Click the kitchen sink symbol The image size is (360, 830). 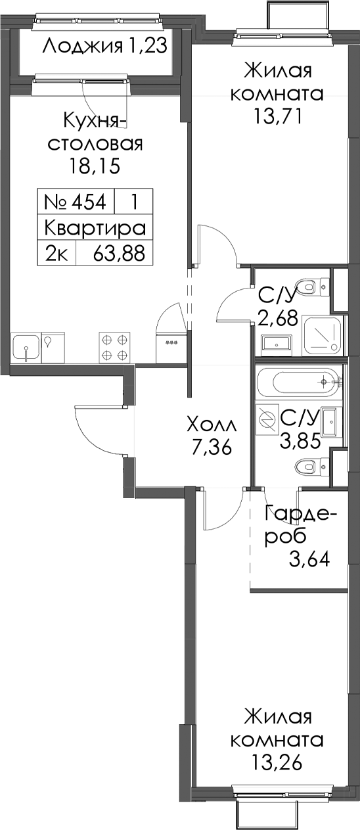[26, 347]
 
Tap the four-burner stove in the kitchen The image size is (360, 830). [115, 346]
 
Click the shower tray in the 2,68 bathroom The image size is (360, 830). [321, 335]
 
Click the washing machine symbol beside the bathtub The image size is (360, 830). [267, 419]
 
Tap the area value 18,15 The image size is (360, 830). [94, 166]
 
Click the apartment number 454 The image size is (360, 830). [89, 202]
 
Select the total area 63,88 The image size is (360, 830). [119, 254]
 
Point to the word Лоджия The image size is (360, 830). [83, 47]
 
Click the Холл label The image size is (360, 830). [212, 425]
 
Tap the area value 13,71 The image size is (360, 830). [277, 117]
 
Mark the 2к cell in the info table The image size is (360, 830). [56, 254]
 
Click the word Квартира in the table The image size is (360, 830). [95, 228]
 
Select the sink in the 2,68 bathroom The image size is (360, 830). [277, 343]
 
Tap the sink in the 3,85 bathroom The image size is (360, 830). [329, 422]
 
